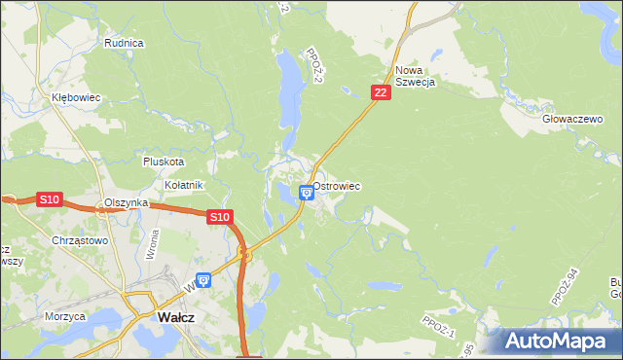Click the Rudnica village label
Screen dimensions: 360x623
tap(124, 43)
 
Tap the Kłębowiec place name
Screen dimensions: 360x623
tap(77, 98)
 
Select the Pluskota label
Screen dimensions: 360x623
tap(163, 162)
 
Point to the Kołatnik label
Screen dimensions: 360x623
tap(183, 185)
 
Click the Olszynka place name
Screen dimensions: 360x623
tap(126, 202)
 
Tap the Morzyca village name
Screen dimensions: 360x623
tap(65, 316)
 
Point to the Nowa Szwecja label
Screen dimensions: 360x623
tap(415, 76)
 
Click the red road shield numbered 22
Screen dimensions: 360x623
tap(380, 92)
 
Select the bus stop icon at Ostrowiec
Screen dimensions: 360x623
tap(307, 192)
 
